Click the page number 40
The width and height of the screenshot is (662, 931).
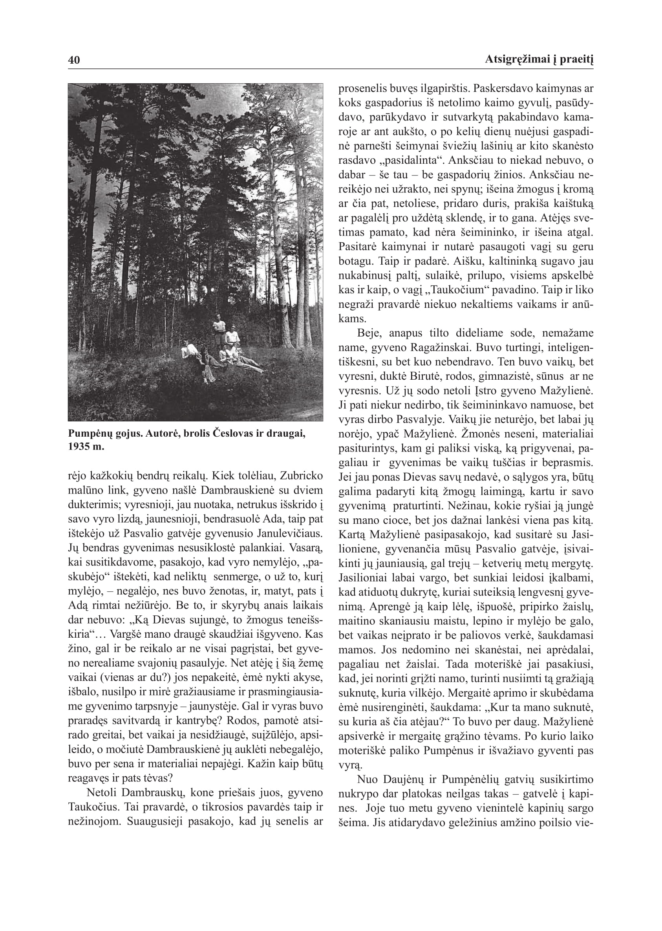click(x=74, y=60)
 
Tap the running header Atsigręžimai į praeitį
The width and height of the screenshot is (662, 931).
click(x=539, y=60)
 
